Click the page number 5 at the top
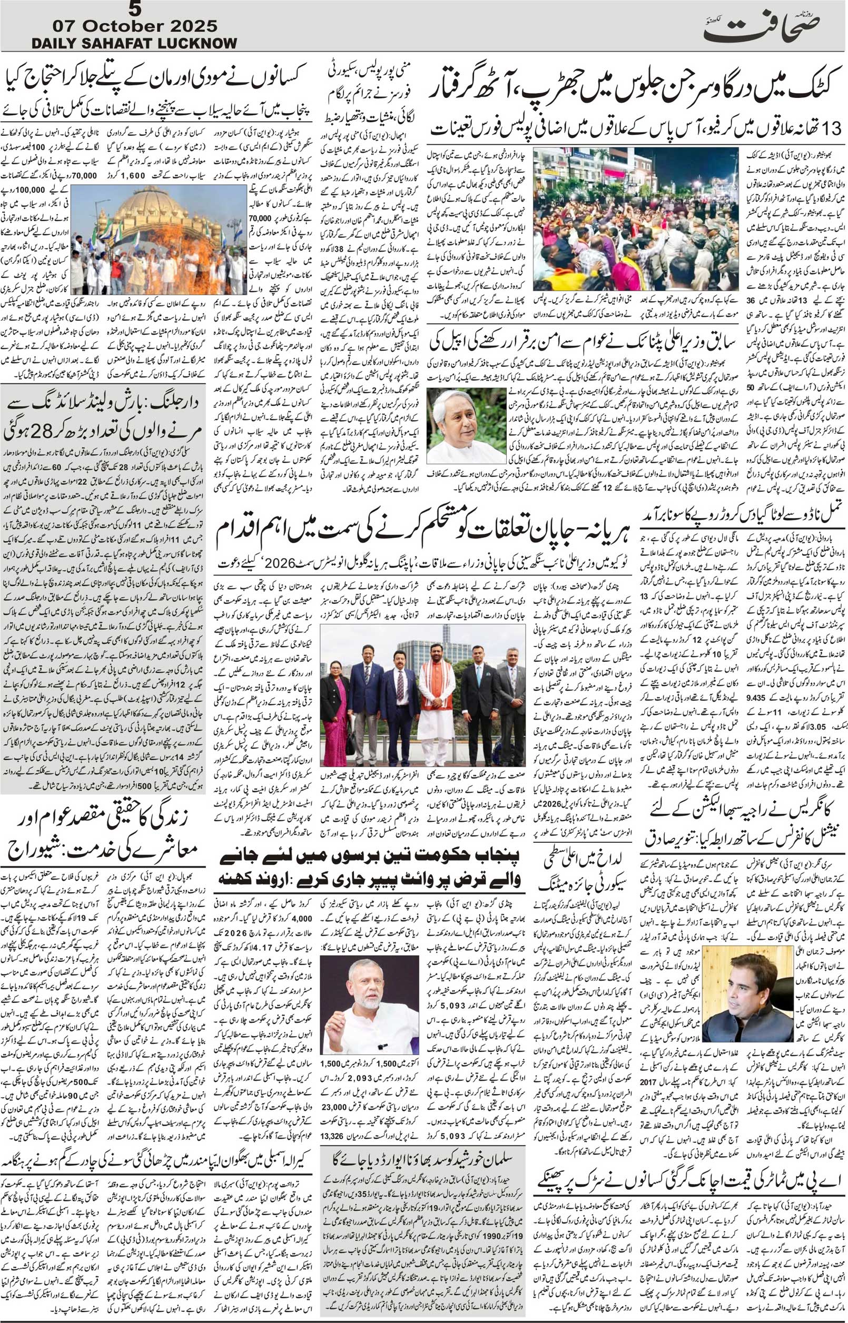click(134, 9)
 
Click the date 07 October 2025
click(135, 26)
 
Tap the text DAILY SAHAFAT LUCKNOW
click(134, 43)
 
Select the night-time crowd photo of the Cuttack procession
click(636, 218)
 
